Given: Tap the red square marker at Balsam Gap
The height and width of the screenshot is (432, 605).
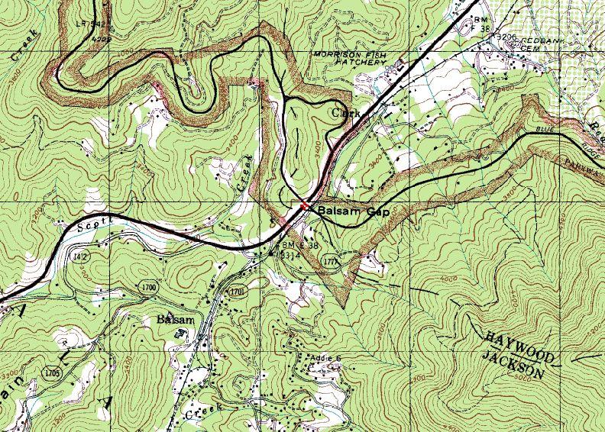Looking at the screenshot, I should pyautogui.click(x=302, y=205).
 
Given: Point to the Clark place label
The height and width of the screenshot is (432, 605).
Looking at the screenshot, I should pyautogui.click(x=345, y=113).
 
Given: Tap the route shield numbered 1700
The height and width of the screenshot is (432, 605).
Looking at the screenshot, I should pyautogui.click(x=149, y=288).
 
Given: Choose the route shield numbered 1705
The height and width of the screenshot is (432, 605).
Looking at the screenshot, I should pyautogui.click(x=53, y=373).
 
